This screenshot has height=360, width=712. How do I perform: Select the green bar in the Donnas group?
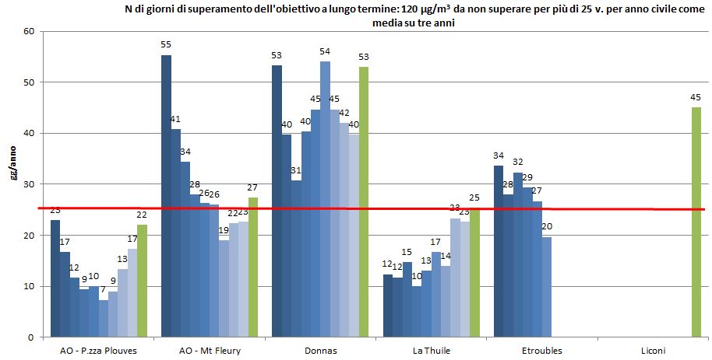coord(364,202)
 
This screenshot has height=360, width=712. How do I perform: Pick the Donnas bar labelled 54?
coord(325,199)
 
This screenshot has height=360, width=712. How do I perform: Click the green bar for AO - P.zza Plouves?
coord(142,281)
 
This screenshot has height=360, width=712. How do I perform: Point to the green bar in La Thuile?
coord(474,273)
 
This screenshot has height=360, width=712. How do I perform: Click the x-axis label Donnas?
coord(321,351)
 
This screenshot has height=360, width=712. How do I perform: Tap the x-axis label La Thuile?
coord(432,351)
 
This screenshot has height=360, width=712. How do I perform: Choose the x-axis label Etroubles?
coord(542,351)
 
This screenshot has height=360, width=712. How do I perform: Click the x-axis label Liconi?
coord(653,351)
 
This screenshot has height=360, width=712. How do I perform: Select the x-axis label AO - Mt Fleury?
coord(210,351)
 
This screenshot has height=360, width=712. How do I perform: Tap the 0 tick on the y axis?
coord(32,337)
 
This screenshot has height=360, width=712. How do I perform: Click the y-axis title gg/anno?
coord(12,165)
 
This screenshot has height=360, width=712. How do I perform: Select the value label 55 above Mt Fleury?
coord(166,45)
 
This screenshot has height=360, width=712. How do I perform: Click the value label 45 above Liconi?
coord(696,97)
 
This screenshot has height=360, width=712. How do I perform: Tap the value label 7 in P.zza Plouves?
coord(103,290)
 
